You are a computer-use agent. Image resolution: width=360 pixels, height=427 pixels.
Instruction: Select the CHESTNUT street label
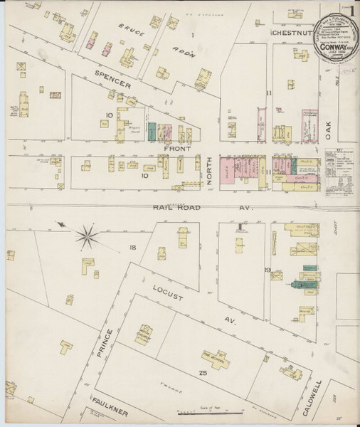(x=292, y=33)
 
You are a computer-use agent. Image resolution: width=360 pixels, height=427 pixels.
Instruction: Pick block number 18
(x=132, y=247)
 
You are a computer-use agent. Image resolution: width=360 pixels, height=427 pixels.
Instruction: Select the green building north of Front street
(x=152, y=132)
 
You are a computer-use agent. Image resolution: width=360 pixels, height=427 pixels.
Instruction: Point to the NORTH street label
(x=211, y=174)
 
